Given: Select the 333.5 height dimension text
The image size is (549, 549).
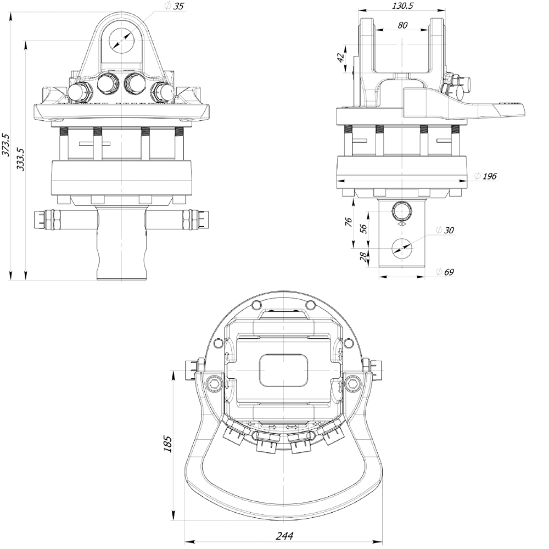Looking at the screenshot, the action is (20, 159).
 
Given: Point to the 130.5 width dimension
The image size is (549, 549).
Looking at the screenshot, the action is (402, 5).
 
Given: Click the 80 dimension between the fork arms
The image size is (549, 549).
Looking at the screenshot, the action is (402, 25).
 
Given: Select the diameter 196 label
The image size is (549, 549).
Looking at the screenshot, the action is (485, 176).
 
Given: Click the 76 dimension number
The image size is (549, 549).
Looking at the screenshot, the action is (349, 221).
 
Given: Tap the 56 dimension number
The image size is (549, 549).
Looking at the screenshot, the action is (363, 228).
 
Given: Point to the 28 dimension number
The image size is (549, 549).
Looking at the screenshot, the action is (364, 256).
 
